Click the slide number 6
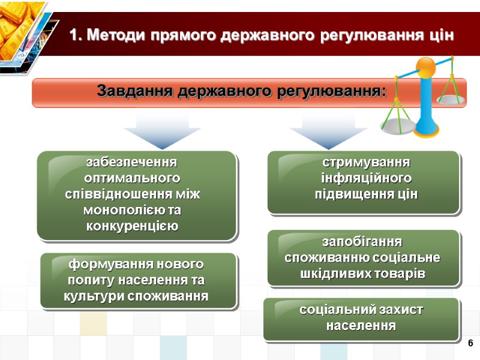click(x=470, y=343)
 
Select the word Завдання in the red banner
click(x=131, y=92)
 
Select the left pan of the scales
click(x=397, y=126)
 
